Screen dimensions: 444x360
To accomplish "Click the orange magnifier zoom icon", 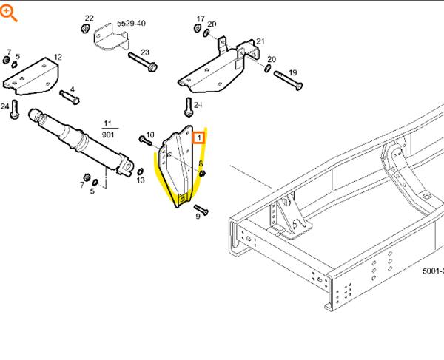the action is point(7,13).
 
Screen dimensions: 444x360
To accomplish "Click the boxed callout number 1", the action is point(199,137).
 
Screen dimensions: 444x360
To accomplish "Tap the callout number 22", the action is point(90,18).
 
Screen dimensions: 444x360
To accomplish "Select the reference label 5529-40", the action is point(132,23).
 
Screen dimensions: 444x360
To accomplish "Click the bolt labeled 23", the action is point(142,62).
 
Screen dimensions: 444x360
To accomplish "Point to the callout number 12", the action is point(58,58).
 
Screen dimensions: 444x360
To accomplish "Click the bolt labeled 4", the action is point(70,98).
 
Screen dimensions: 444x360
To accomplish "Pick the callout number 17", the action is point(201,19).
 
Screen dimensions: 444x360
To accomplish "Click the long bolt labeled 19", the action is point(289,81).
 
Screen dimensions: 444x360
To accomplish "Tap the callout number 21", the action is point(260,41).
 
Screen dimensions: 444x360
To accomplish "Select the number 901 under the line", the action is point(108,135).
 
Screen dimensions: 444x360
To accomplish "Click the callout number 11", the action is point(107,123).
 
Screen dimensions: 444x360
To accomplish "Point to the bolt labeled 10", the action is point(146,140).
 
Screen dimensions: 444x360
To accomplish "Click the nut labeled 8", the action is point(202,174).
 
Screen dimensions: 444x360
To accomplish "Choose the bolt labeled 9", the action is point(201,209).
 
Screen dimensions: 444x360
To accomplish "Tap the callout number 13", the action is point(141,180).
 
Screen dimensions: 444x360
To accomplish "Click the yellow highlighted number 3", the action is point(183,199).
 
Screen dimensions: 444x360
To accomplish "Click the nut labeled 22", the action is point(85,29).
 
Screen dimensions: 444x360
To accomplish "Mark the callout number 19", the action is point(292,72).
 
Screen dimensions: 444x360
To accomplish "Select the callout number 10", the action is point(150,135).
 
